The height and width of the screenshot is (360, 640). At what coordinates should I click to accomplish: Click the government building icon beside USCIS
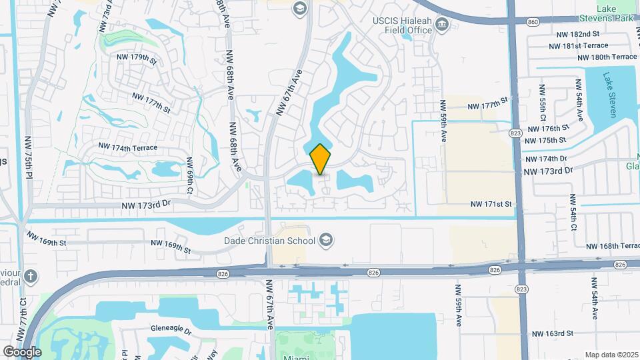[x=441, y=25]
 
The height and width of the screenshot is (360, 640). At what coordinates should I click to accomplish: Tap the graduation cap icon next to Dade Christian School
[x=326, y=239]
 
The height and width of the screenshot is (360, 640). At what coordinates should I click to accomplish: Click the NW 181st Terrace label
[x=578, y=45]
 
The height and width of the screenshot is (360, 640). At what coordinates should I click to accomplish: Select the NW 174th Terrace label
[x=127, y=147]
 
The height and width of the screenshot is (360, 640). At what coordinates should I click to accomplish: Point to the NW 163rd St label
[x=553, y=333]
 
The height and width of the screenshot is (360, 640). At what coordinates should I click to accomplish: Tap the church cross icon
[x=31, y=276]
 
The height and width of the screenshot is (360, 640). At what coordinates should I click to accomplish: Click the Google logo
[x=22, y=351]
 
